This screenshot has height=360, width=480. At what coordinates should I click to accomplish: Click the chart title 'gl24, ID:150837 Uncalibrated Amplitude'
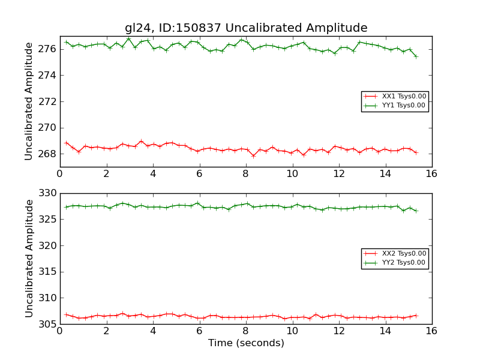(x=246, y=28)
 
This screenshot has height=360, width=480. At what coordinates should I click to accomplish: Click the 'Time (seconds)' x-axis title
(x=246, y=343)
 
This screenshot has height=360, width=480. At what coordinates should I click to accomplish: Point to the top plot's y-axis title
(x=29, y=101)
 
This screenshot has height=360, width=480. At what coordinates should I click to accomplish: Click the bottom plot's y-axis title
(x=29, y=259)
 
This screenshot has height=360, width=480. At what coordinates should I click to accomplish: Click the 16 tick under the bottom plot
(x=431, y=331)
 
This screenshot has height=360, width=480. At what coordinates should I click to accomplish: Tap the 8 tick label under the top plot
(x=246, y=173)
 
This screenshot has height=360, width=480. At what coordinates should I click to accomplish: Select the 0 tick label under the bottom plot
(x=60, y=331)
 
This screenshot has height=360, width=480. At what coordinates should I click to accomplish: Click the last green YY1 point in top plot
(x=416, y=56)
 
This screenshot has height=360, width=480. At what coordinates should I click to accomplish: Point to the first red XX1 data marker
(x=66, y=143)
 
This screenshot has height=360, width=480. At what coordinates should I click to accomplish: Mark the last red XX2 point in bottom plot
(x=416, y=316)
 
